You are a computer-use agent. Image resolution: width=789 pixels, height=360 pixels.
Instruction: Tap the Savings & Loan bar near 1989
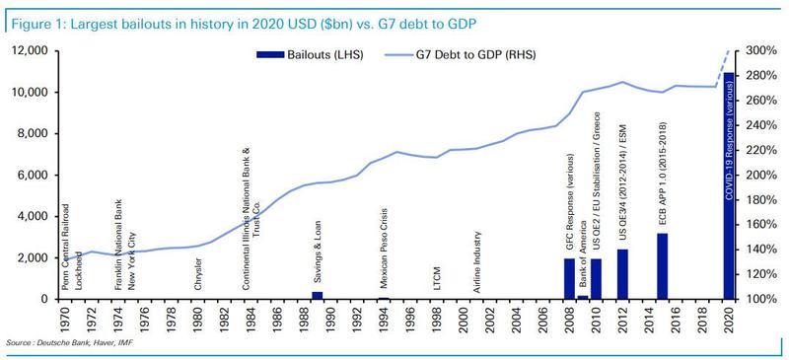tap(318, 294)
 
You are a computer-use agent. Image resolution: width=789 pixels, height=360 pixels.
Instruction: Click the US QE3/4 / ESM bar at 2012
tap(622, 273)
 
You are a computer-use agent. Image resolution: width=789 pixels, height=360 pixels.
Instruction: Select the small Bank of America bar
tap(583, 296)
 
